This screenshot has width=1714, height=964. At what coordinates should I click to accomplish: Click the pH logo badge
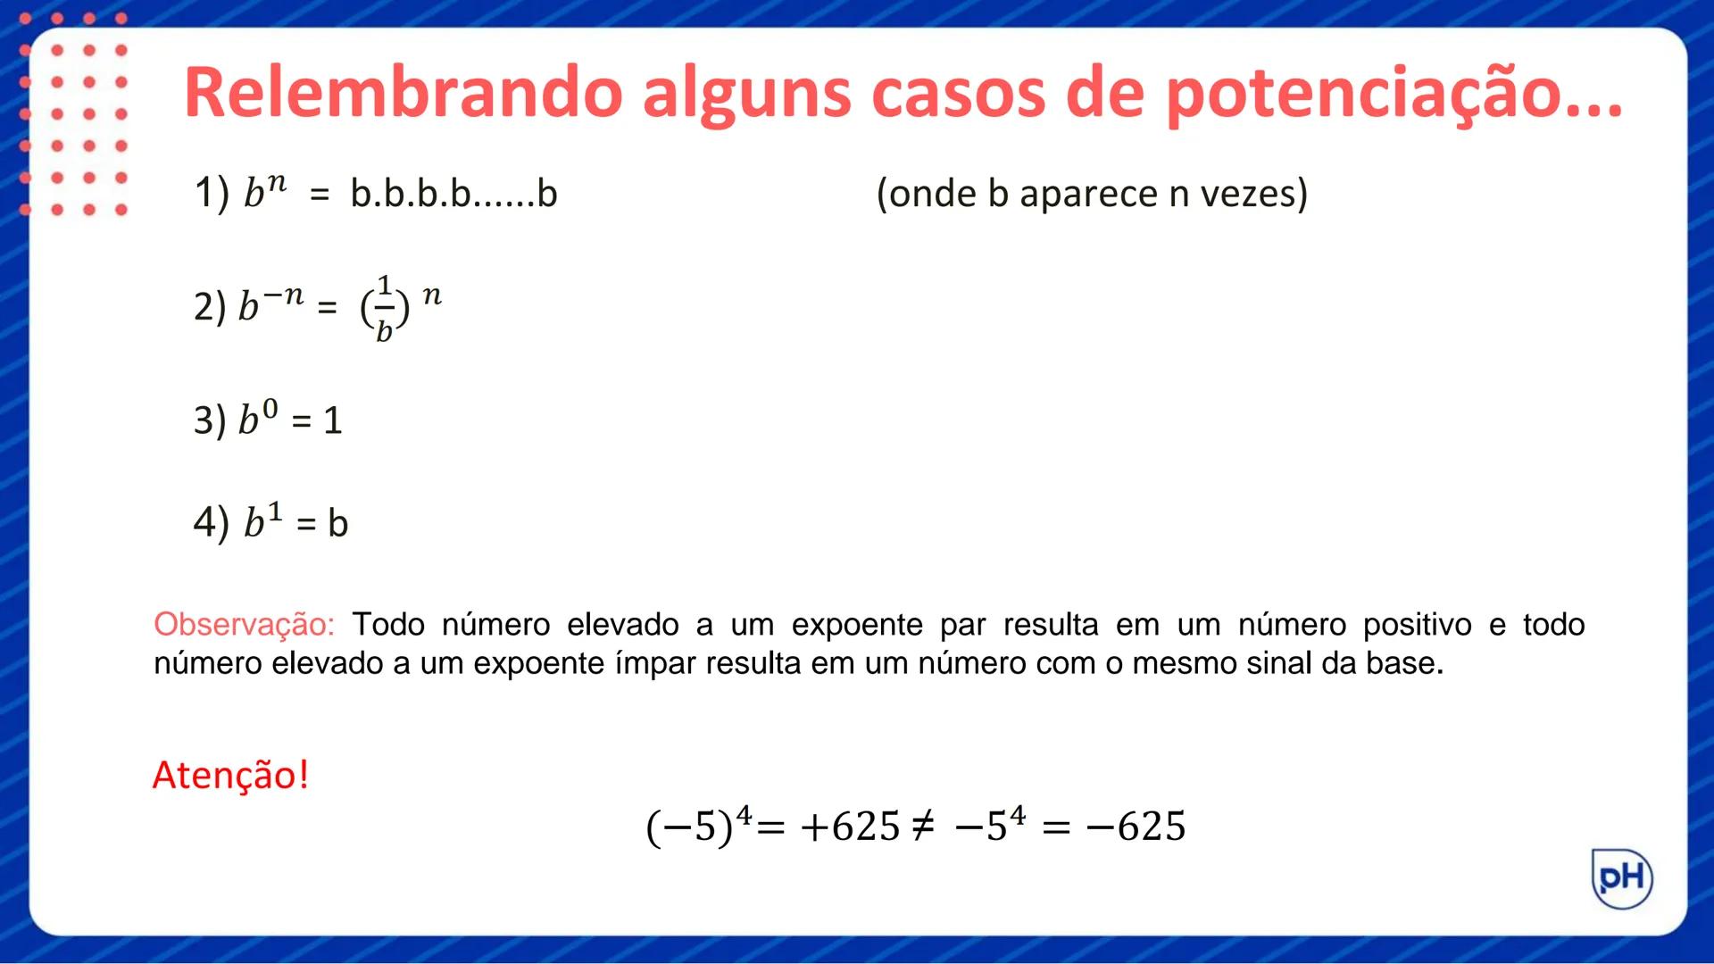pos(1622,878)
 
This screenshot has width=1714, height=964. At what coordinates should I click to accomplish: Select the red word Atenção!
pos(230,775)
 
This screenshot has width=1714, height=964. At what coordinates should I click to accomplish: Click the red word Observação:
pos(244,624)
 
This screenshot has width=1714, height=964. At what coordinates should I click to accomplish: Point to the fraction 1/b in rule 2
pos(385,309)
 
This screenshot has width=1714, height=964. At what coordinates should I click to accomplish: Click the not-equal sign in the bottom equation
pos(923,827)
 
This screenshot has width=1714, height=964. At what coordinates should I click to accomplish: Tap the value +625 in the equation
pos(850,827)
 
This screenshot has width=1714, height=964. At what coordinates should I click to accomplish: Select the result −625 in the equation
pos(1136,827)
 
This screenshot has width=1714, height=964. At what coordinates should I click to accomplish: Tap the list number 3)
pos(210,420)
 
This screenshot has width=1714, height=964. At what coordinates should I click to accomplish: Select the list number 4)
pos(211,522)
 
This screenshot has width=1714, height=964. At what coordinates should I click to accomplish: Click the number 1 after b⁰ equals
pos(333,420)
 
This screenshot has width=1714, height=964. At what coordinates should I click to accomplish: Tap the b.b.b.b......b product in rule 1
pos(453,194)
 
